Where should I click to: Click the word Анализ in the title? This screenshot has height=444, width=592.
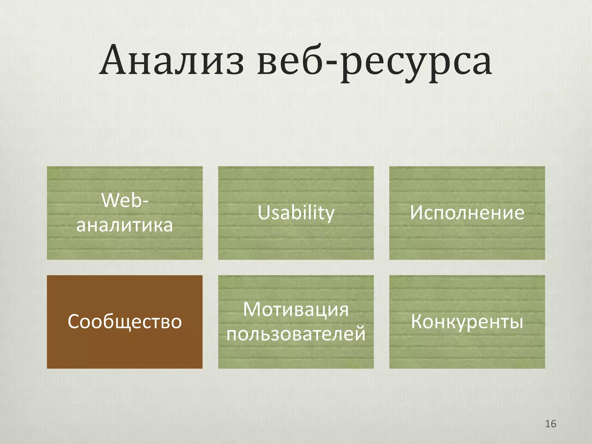[172, 61]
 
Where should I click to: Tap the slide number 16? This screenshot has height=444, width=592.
[550, 424]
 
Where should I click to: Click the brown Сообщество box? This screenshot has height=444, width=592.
[125, 322]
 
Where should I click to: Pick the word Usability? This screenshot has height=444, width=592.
[296, 213]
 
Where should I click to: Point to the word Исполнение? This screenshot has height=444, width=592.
[467, 213]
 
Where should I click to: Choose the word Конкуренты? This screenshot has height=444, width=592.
[467, 322]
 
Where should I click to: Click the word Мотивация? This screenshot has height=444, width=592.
[296, 310]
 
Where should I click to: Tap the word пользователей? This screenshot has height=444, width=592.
[296, 334]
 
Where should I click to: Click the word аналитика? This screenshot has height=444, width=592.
[125, 225]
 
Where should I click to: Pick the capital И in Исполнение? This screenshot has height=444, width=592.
[417, 213]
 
